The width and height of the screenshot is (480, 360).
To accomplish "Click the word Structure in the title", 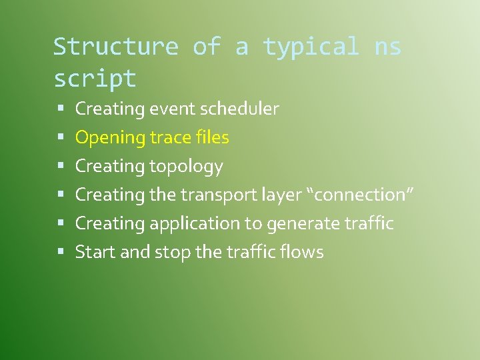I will (x=115, y=47).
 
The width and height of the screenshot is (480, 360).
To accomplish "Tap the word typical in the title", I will (x=311, y=47).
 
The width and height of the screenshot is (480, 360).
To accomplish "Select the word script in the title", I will (x=95, y=79).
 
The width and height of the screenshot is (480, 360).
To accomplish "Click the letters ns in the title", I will (x=388, y=47).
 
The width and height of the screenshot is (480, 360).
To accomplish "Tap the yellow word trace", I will (x=171, y=138).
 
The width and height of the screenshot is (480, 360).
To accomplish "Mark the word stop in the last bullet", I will (x=171, y=253).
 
